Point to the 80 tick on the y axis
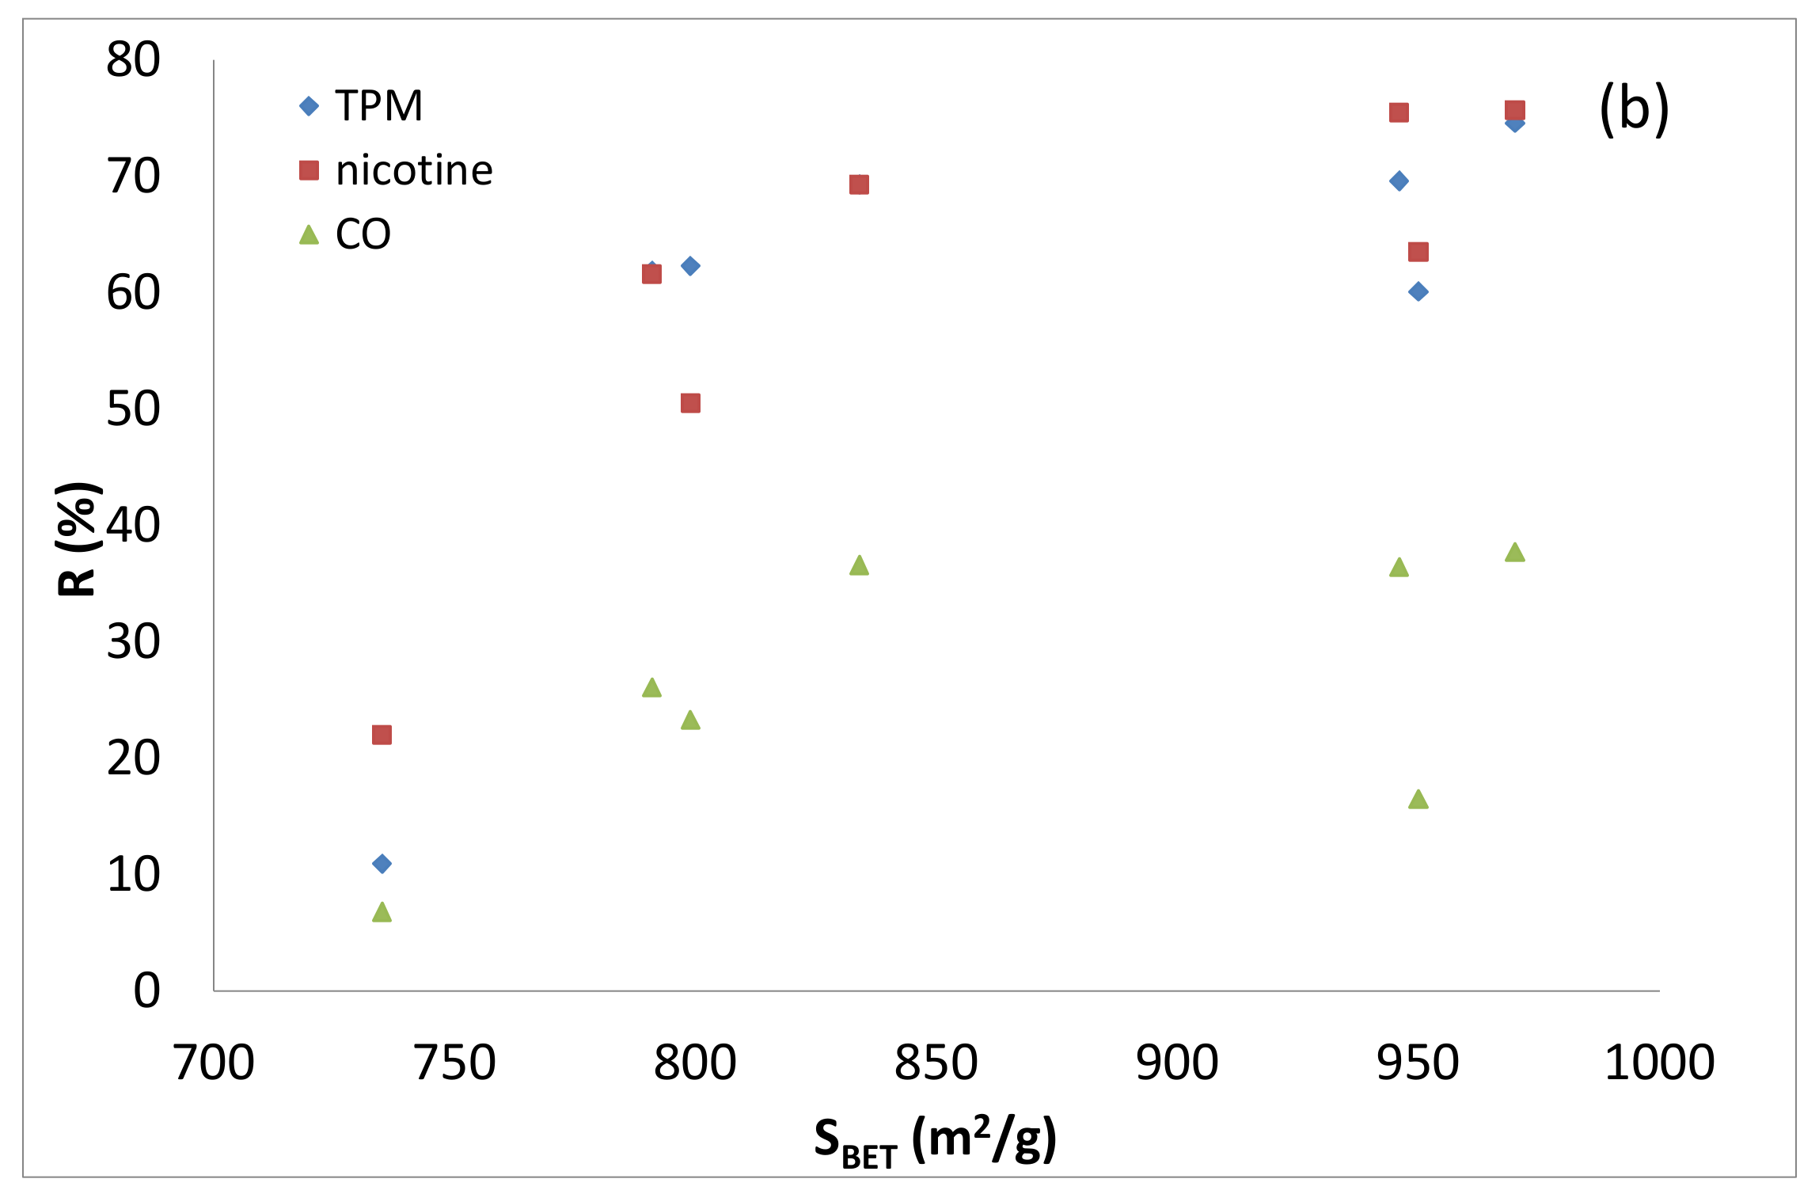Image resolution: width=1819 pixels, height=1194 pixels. pos(133,59)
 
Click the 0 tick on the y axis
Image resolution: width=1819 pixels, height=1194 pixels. pos(146,991)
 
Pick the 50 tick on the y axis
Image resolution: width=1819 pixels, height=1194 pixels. pos(133,409)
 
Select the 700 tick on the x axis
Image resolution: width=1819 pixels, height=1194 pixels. pos(214,1063)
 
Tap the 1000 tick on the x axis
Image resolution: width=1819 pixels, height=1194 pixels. pos(1658,1063)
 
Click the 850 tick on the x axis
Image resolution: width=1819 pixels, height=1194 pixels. pos(936,1063)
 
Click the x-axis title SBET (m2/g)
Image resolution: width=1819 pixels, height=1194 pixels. pos(936,1140)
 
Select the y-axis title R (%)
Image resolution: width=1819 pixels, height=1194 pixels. pos(78,538)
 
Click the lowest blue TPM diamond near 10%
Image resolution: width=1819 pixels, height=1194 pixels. pos(382,864)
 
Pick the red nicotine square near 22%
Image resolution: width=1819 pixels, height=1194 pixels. pos(382,735)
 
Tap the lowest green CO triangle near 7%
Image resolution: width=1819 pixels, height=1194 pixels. pos(382,913)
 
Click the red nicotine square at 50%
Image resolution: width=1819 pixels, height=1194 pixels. pos(690,403)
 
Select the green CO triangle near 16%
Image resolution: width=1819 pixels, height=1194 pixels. pos(1418,800)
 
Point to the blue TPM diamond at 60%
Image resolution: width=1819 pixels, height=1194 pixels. pos(1418,291)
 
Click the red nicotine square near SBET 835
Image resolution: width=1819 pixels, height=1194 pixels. pos(859,184)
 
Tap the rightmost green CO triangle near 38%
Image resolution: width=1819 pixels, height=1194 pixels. pos(1514,553)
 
